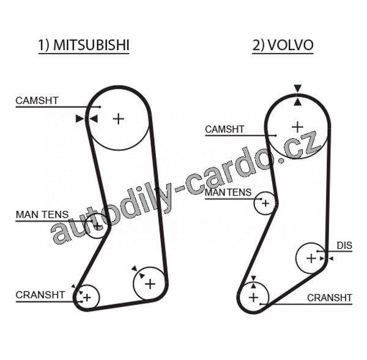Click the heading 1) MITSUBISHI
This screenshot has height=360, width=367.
(x=84, y=46)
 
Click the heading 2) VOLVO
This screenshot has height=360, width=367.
(x=283, y=46)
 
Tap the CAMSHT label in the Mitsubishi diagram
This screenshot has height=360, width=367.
(x=37, y=100)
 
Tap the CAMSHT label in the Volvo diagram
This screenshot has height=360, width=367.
(x=224, y=130)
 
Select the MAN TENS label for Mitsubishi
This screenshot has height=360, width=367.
(x=42, y=215)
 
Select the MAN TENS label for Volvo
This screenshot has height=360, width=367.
(x=228, y=193)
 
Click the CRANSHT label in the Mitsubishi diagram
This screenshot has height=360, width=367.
(x=40, y=295)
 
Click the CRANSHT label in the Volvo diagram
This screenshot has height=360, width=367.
(x=330, y=298)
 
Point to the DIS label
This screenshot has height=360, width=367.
(x=344, y=246)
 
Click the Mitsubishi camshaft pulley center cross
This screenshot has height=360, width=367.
(x=118, y=118)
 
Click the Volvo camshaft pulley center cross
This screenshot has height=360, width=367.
(x=297, y=127)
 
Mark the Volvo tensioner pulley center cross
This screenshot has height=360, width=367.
(x=265, y=202)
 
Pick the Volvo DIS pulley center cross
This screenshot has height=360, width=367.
(x=311, y=259)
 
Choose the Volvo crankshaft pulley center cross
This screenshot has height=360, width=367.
(x=254, y=297)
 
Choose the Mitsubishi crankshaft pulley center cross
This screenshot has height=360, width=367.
(x=87, y=298)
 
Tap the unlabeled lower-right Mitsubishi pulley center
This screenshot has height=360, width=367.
(x=149, y=284)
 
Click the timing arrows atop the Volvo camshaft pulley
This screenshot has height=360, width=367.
(x=297, y=95)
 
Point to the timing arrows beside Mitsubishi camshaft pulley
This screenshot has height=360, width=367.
(x=86, y=118)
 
